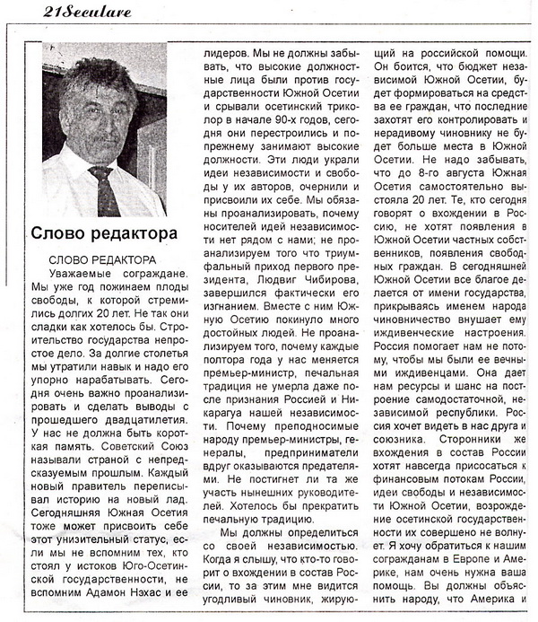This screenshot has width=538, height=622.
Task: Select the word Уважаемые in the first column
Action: [82, 273]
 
